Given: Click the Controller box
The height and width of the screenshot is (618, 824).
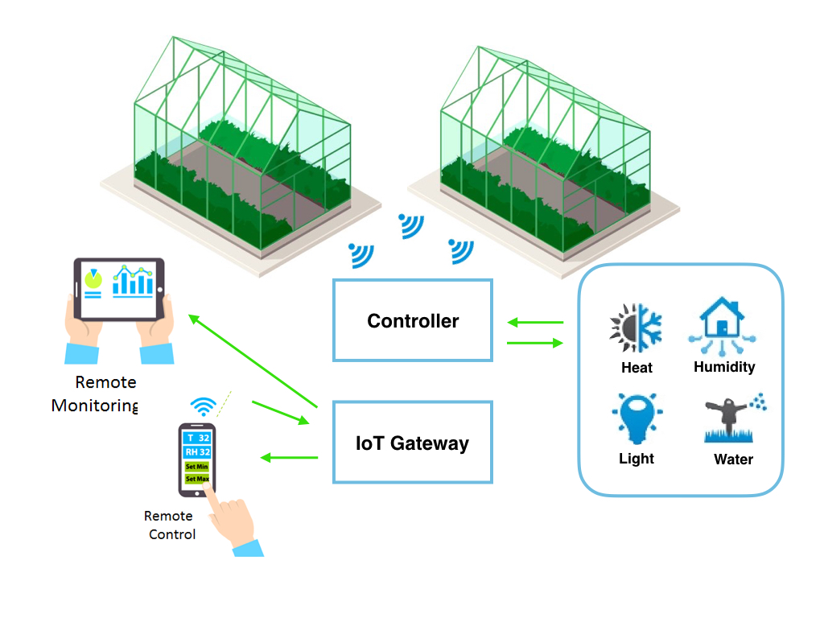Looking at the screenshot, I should click(x=412, y=320).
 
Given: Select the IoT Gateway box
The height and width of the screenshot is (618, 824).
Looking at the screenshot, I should click(x=412, y=443).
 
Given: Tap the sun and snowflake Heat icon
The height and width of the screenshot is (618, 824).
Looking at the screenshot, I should click(x=636, y=328).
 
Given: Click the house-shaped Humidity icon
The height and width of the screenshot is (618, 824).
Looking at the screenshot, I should click(x=723, y=326).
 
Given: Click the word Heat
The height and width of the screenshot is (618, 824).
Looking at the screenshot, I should click(x=637, y=368).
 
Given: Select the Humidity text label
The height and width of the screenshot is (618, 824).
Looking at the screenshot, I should click(x=724, y=367).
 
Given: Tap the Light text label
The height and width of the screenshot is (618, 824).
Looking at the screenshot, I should click(x=637, y=459).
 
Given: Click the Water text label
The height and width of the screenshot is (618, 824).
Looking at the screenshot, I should click(x=733, y=459).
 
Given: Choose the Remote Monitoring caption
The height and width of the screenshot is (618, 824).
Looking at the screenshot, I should click(x=96, y=393).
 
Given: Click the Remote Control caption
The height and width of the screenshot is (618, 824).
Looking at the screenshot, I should click(x=171, y=525).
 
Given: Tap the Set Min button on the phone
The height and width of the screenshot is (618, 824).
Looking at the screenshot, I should click(x=197, y=466).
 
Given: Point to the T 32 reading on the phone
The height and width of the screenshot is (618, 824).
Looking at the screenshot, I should click(x=197, y=438).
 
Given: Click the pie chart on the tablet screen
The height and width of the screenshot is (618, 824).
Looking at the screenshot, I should click(x=93, y=279).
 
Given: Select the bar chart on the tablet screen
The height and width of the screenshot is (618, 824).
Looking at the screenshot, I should click(x=134, y=280).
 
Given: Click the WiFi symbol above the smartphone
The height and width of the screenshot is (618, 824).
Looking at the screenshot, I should click(x=203, y=406).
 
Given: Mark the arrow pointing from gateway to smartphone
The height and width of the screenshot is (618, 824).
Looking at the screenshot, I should click(x=289, y=458).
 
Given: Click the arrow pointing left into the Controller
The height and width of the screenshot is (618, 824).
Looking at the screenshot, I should click(x=535, y=323).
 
